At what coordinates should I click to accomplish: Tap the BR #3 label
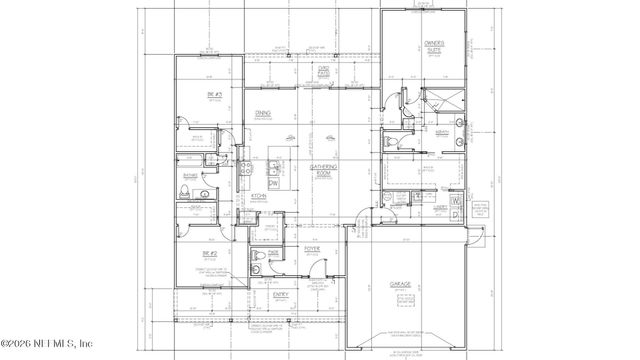(x=212, y=94)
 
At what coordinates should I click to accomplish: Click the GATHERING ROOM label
(x=322, y=169)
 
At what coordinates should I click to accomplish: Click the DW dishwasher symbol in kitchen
(x=273, y=181)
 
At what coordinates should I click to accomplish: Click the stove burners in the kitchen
(x=242, y=171)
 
